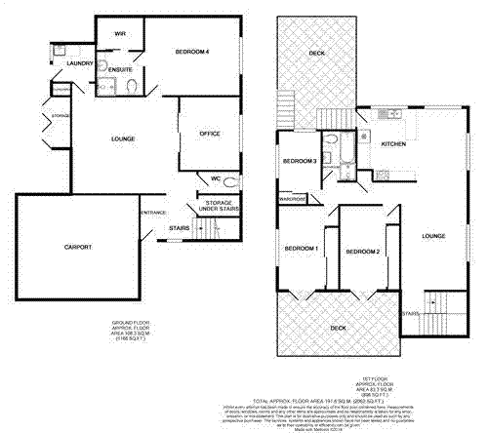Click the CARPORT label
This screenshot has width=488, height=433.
click(77, 248)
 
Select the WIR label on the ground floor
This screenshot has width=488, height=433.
click(120, 33)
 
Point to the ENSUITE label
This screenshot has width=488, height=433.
click(122, 70)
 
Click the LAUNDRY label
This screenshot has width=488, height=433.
click(80, 63)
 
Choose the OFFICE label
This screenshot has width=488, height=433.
click(210, 134)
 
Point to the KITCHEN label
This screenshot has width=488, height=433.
click(393, 144)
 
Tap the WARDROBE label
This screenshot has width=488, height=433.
click(293, 198)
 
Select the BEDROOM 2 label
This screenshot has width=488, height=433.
click(362, 253)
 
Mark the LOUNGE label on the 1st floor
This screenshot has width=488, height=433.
click(434, 236)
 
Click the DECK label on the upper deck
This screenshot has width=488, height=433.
click(316, 53)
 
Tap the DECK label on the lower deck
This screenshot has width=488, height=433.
click(338, 328)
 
